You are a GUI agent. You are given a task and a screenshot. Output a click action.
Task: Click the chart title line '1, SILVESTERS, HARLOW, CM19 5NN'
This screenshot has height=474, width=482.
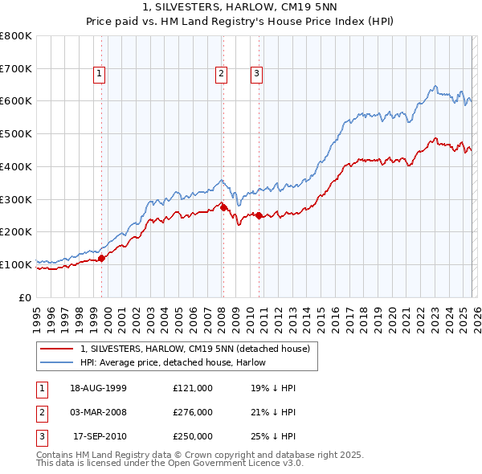click(240, 7)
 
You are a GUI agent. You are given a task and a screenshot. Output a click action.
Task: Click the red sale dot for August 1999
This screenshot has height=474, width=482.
click(102, 258)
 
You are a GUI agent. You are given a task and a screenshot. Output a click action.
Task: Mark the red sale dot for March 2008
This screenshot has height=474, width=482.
click(223, 207)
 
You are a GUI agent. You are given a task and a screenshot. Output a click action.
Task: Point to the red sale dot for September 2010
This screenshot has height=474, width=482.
click(259, 215)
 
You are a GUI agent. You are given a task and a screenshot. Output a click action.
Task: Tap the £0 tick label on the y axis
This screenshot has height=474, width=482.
click(24, 297)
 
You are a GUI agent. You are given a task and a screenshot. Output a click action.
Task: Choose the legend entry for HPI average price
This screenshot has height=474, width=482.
click(173, 362)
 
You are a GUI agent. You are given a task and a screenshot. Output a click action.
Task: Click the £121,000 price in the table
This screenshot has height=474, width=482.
click(193, 387)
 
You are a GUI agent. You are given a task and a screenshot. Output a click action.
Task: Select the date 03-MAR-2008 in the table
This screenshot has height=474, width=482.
click(98, 412)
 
